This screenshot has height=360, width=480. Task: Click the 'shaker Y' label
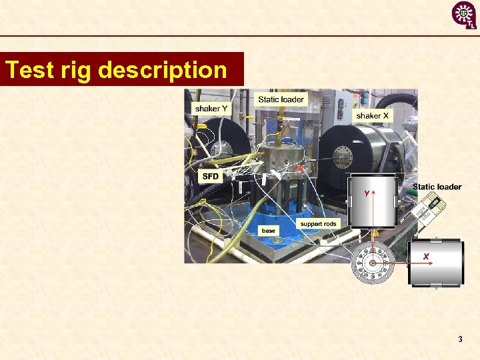[210, 109]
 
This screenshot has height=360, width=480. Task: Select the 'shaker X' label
[373, 116]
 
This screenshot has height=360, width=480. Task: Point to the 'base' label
[268, 231]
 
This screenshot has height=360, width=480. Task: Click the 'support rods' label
[318, 224]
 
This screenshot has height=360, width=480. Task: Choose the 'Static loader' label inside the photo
[281, 99]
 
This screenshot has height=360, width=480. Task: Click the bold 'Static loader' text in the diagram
[437, 187]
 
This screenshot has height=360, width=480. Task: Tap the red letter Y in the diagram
[365, 193]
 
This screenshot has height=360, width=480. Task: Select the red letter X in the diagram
[425, 257]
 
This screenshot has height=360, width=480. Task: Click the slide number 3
[460, 339]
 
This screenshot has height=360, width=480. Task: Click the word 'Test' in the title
[28, 70]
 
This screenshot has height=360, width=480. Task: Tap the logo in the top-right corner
[464, 15]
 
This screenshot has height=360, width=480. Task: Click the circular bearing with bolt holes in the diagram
[372, 263]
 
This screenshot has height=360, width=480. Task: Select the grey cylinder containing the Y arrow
[373, 201]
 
